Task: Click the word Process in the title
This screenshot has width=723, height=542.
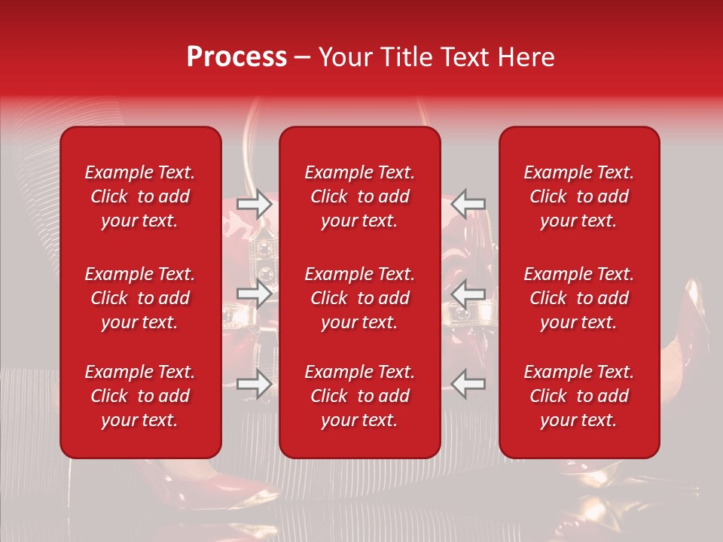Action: (x=236, y=57)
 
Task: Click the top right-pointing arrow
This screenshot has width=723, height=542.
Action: (x=254, y=203)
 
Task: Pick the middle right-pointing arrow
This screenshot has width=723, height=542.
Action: (x=254, y=294)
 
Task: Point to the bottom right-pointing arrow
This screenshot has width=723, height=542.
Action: (x=254, y=384)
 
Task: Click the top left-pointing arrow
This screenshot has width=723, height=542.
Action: (x=468, y=203)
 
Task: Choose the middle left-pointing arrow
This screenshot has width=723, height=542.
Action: (x=468, y=294)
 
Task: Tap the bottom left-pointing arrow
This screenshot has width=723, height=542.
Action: (x=468, y=384)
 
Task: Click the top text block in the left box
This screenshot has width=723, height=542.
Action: (x=140, y=196)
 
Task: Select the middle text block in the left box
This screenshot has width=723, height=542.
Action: (x=140, y=298)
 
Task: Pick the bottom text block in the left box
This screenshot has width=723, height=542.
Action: (x=140, y=396)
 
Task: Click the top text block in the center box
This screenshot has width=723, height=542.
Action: (x=359, y=196)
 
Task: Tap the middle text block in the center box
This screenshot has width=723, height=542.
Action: (x=359, y=298)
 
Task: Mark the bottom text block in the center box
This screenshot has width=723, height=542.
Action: (x=359, y=396)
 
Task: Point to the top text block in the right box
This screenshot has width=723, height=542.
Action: (x=578, y=196)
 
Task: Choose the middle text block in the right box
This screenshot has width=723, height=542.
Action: (x=578, y=298)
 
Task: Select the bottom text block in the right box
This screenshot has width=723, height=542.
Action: (x=578, y=396)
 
